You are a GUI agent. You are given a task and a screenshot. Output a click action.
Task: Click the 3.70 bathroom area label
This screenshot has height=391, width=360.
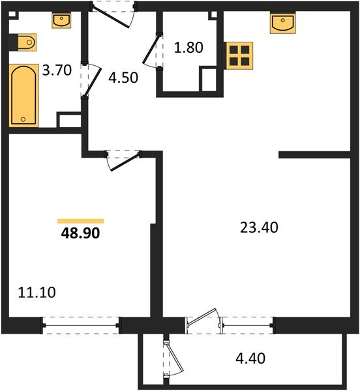click(57, 70)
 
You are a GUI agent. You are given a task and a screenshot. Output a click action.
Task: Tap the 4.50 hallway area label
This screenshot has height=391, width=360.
click(123, 78)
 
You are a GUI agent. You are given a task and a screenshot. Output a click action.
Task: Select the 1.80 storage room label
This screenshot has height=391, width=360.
click(188, 48)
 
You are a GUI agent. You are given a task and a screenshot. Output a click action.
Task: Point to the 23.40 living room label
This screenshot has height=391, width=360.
click(259, 227)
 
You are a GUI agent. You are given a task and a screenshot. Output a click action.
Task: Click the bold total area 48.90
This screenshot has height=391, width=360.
click(80, 233)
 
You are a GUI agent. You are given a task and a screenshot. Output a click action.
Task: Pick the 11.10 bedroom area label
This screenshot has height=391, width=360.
click(37, 292)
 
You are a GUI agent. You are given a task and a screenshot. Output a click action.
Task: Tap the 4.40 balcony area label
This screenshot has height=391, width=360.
click(250, 358)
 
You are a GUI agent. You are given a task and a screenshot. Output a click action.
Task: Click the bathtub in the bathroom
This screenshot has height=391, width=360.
click(23, 96)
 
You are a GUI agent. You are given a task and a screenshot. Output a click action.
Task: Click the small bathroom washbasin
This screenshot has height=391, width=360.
click(61, 20)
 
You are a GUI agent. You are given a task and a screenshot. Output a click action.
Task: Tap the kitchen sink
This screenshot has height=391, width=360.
click(282, 23)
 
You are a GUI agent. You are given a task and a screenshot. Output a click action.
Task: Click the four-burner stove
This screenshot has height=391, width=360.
click(239, 55)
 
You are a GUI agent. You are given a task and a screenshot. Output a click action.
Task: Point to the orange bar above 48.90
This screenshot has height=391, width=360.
click(81, 221)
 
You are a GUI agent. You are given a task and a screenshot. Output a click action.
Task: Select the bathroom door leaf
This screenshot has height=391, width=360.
click(93, 82)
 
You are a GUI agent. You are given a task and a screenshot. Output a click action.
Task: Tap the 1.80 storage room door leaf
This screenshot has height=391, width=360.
click(151, 50)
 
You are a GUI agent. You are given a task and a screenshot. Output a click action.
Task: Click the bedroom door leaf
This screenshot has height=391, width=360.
click(125, 162)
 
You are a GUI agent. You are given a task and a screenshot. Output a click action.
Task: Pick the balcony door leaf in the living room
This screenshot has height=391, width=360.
click(202, 317)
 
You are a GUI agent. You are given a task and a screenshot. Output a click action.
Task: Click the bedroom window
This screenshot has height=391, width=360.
click(81, 325)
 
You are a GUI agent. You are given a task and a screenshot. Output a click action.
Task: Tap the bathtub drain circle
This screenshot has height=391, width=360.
click(23, 119)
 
